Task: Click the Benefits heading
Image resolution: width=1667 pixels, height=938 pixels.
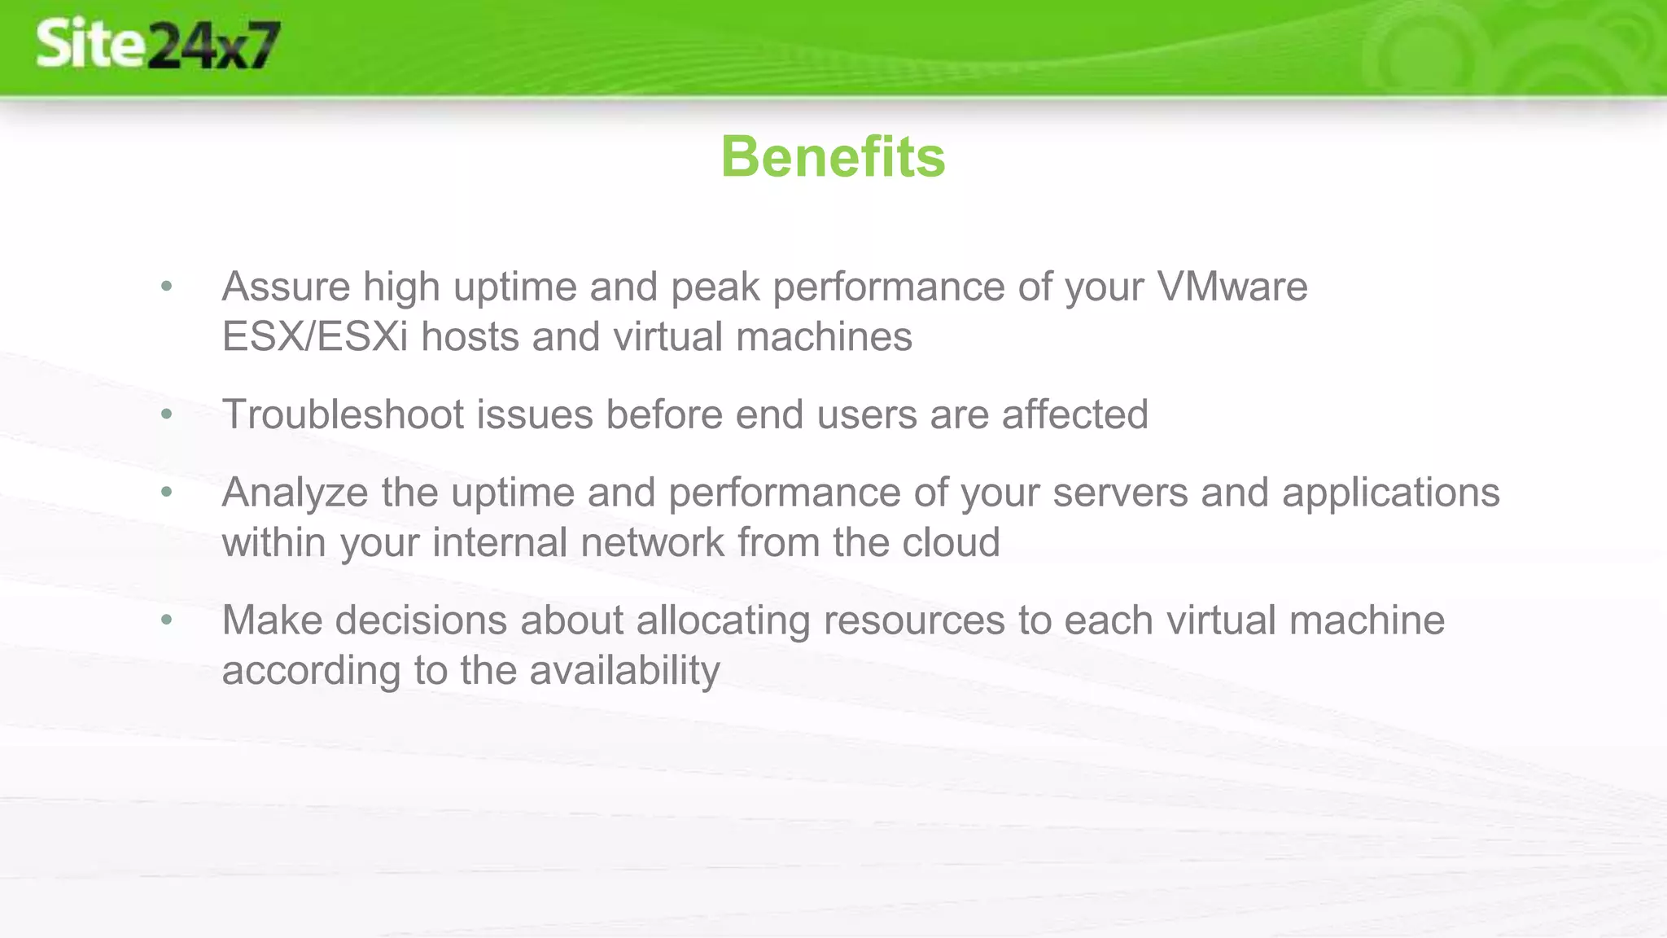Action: tap(833, 156)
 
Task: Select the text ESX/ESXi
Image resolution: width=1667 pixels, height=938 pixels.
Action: tap(314, 337)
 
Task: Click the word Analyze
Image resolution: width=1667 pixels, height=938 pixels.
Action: tap(295, 493)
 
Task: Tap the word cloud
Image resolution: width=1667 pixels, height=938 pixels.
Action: tap(951, 543)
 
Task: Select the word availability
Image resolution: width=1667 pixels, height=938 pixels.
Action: tap(624, 671)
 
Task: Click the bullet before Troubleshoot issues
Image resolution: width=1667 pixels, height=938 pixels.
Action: tap(167, 414)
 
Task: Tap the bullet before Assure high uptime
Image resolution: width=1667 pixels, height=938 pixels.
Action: tap(167, 287)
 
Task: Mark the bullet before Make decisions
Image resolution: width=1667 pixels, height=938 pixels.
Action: tap(167, 620)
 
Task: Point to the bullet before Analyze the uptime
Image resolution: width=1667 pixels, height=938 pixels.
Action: tap(167, 493)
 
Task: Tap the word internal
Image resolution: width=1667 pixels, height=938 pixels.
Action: tap(500, 543)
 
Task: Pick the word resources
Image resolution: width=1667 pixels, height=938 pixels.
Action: tap(914, 620)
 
